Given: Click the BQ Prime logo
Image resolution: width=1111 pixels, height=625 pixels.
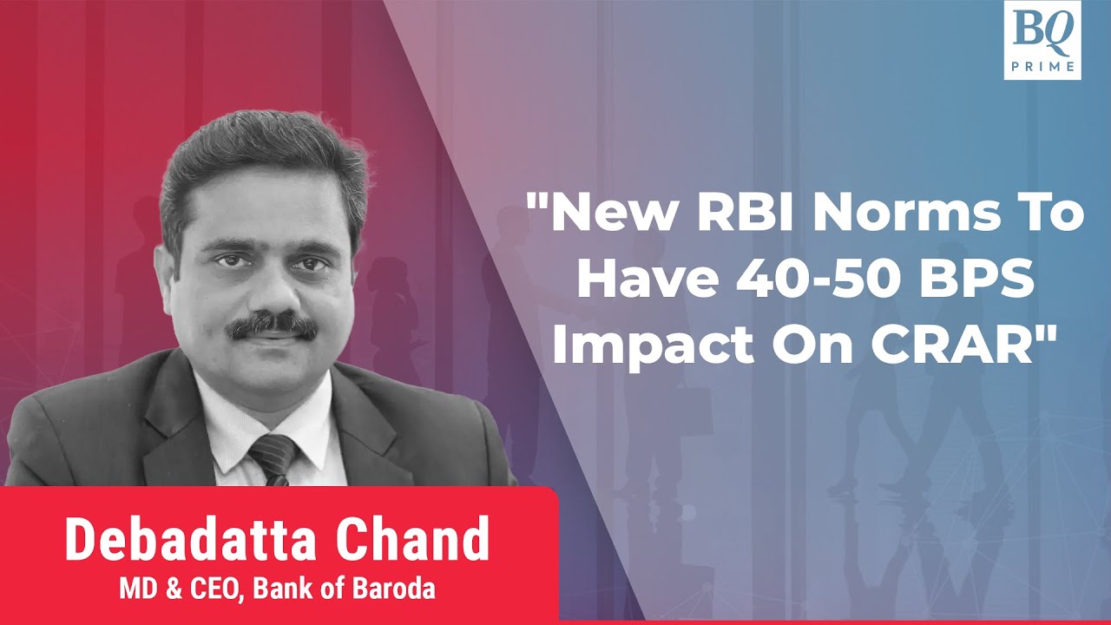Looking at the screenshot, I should click(x=1042, y=39).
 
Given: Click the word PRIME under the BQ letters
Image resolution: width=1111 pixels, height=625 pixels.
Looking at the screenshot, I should click(x=1042, y=66).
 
